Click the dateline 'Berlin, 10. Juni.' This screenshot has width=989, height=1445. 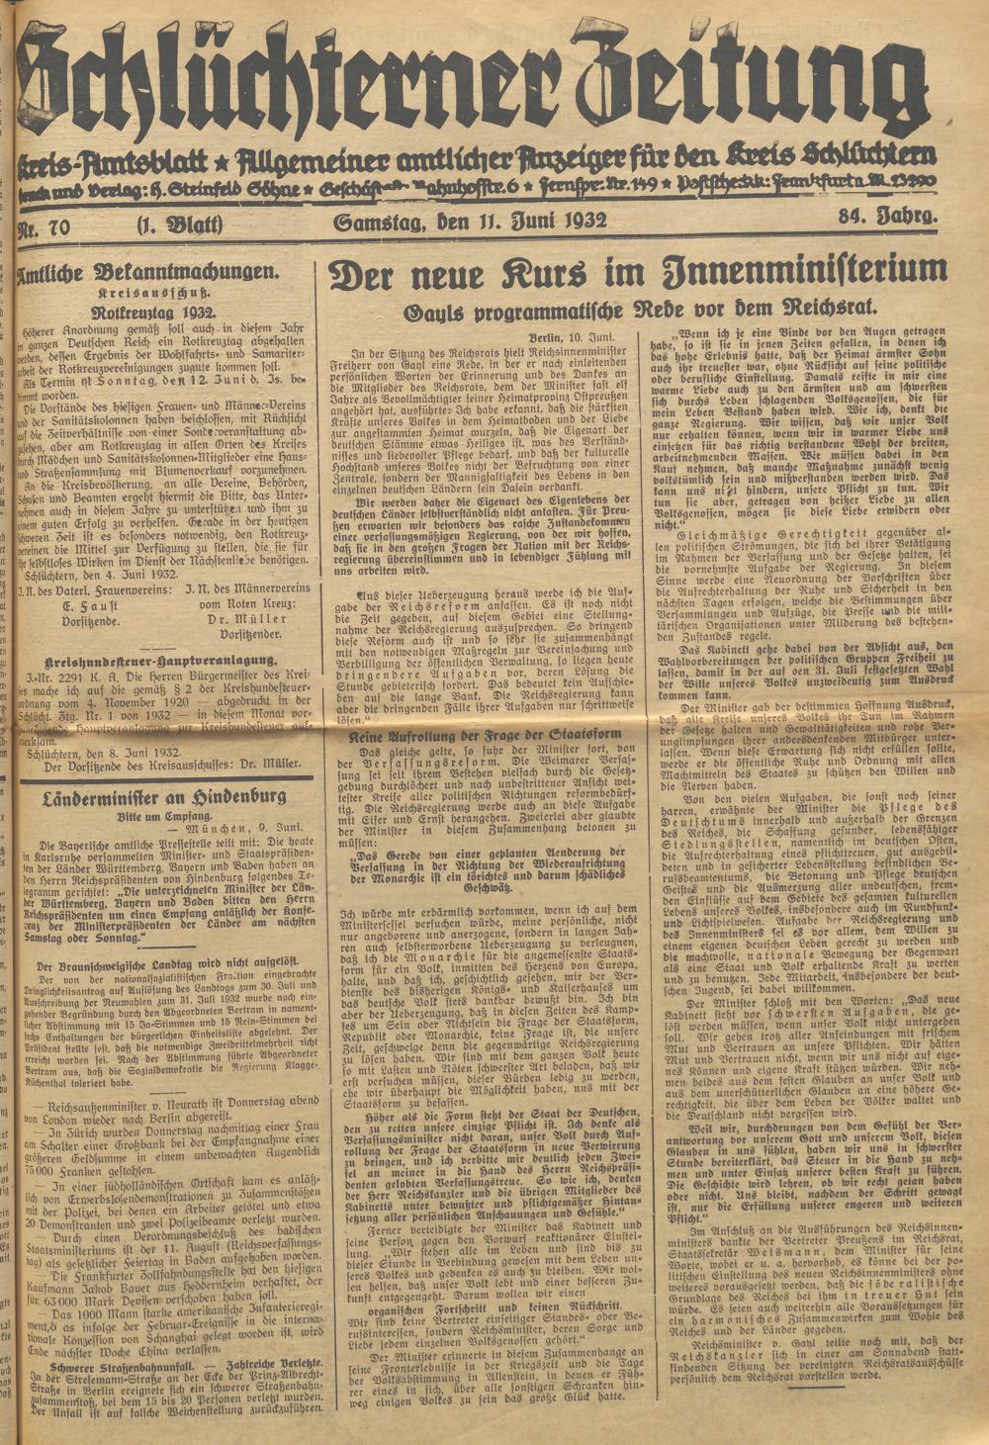pos(575,338)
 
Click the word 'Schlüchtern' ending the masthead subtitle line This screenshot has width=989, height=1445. pos(879,156)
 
